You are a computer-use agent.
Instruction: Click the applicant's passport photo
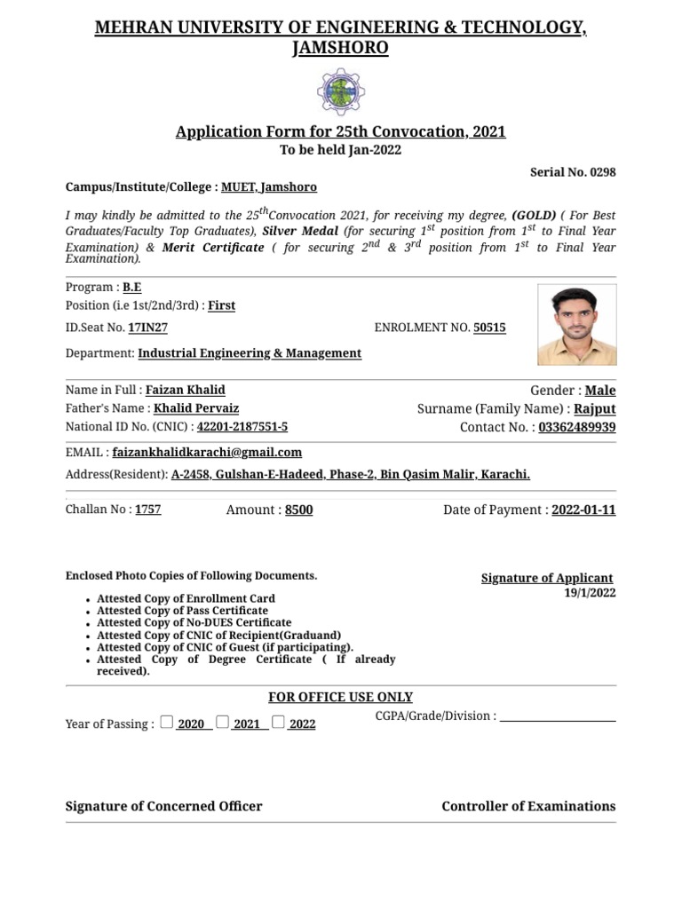(x=576, y=325)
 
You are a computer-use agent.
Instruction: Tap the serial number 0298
(x=599, y=172)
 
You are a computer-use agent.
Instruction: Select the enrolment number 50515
(x=489, y=328)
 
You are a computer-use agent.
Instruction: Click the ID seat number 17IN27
(x=147, y=328)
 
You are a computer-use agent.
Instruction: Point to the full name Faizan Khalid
(x=185, y=390)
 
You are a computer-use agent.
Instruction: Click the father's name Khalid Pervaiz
(x=196, y=408)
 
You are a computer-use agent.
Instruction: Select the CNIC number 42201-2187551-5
(x=242, y=427)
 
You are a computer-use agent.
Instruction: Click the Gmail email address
(x=207, y=452)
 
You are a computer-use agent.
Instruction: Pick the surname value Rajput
(x=594, y=409)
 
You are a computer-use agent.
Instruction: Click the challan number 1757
(x=147, y=510)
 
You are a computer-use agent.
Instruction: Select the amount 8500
(x=298, y=510)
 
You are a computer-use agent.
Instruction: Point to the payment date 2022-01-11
(x=583, y=510)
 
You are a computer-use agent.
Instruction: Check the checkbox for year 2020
(x=167, y=722)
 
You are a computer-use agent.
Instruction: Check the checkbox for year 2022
(x=279, y=722)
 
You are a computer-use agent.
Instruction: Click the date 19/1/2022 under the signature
(x=590, y=593)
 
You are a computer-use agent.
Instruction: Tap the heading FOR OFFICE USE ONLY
(x=340, y=698)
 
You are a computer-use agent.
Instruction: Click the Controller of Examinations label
(x=528, y=806)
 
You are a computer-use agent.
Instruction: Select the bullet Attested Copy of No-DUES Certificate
(x=194, y=623)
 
